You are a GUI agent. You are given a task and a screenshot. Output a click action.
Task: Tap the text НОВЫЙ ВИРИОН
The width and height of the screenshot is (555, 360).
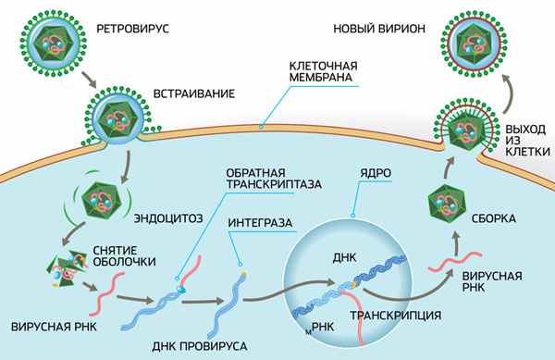(x=378, y=30)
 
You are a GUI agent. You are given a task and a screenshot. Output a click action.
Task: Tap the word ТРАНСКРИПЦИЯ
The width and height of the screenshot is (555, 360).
(x=389, y=316)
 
